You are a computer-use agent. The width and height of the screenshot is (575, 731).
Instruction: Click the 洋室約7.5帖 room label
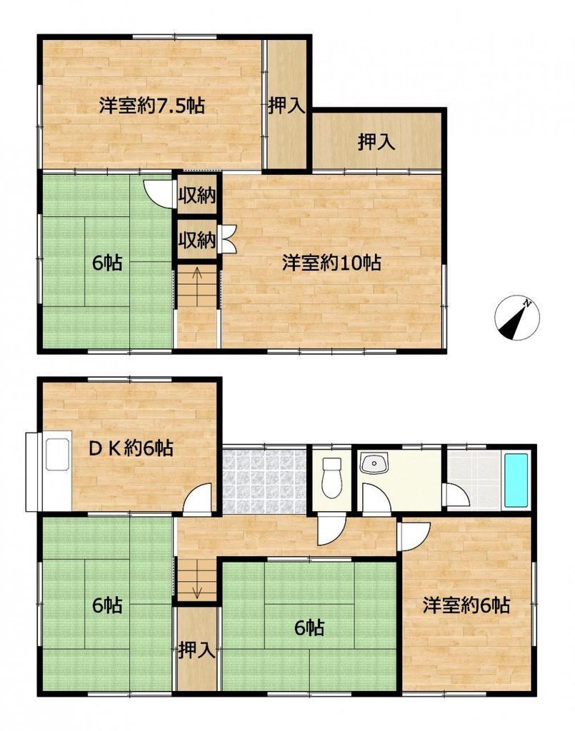[x=151, y=106]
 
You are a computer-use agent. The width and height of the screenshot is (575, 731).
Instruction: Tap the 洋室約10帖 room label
[x=331, y=263]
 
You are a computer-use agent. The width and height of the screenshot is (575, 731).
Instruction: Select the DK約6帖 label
[x=131, y=448]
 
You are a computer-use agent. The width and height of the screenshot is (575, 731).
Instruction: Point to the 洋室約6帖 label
[x=466, y=605]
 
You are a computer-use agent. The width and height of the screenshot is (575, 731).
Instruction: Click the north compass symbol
[x=516, y=318]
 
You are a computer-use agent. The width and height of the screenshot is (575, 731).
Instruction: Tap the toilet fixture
[x=332, y=478]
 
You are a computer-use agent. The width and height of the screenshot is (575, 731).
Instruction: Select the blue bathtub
[x=516, y=480]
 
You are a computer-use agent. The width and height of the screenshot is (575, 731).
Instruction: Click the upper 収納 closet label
[x=197, y=196]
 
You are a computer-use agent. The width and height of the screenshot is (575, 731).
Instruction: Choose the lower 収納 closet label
[x=197, y=240]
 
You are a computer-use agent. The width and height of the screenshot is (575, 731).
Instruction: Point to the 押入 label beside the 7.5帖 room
[x=286, y=106]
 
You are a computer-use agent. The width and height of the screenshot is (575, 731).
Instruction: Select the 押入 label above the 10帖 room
[x=377, y=142]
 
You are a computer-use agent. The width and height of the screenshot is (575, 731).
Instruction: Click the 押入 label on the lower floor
[x=197, y=650]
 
